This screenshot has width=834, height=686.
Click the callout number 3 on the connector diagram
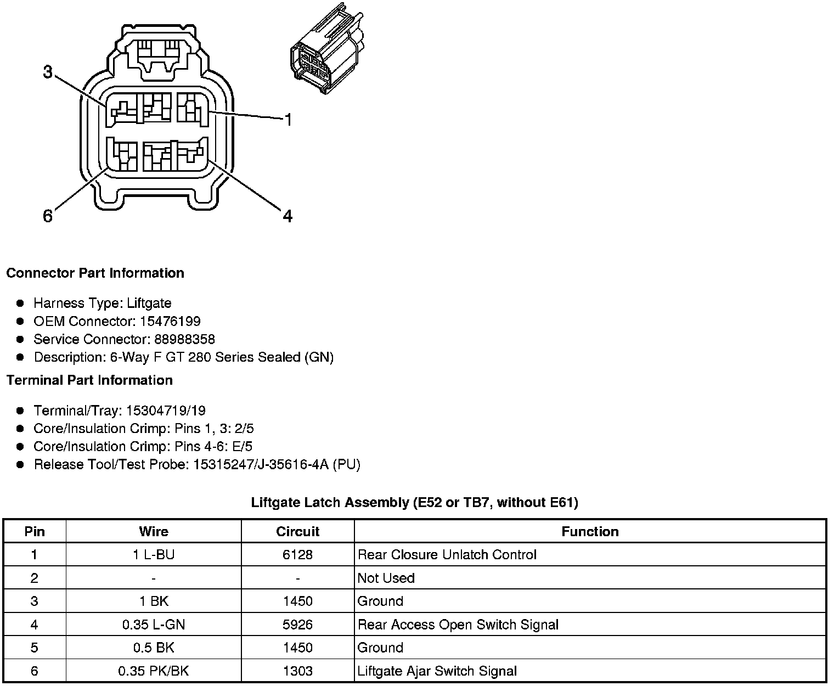point(48,72)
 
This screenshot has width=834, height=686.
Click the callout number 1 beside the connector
point(288,119)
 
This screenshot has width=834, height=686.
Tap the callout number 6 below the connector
point(48,216)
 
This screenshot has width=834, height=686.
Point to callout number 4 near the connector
point(288,216)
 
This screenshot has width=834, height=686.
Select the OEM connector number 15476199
point(170,321)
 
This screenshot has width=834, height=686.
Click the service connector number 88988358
point(183,339)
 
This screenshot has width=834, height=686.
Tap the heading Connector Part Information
point(95,273)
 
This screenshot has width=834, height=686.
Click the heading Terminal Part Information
point(89,380)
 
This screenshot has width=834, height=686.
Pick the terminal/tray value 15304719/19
point(166,411)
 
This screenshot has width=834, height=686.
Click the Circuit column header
point(297,531)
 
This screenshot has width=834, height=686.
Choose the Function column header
point(590,531)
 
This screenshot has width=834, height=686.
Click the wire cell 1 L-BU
point(154,555)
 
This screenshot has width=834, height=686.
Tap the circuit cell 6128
point(297,555)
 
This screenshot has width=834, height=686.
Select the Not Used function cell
point(386,578)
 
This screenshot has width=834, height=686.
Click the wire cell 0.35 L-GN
point(154,625)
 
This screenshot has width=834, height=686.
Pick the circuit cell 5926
point(297,625)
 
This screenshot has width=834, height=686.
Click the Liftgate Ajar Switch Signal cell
point(437,671)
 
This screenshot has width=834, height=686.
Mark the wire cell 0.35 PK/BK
point(154,671)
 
